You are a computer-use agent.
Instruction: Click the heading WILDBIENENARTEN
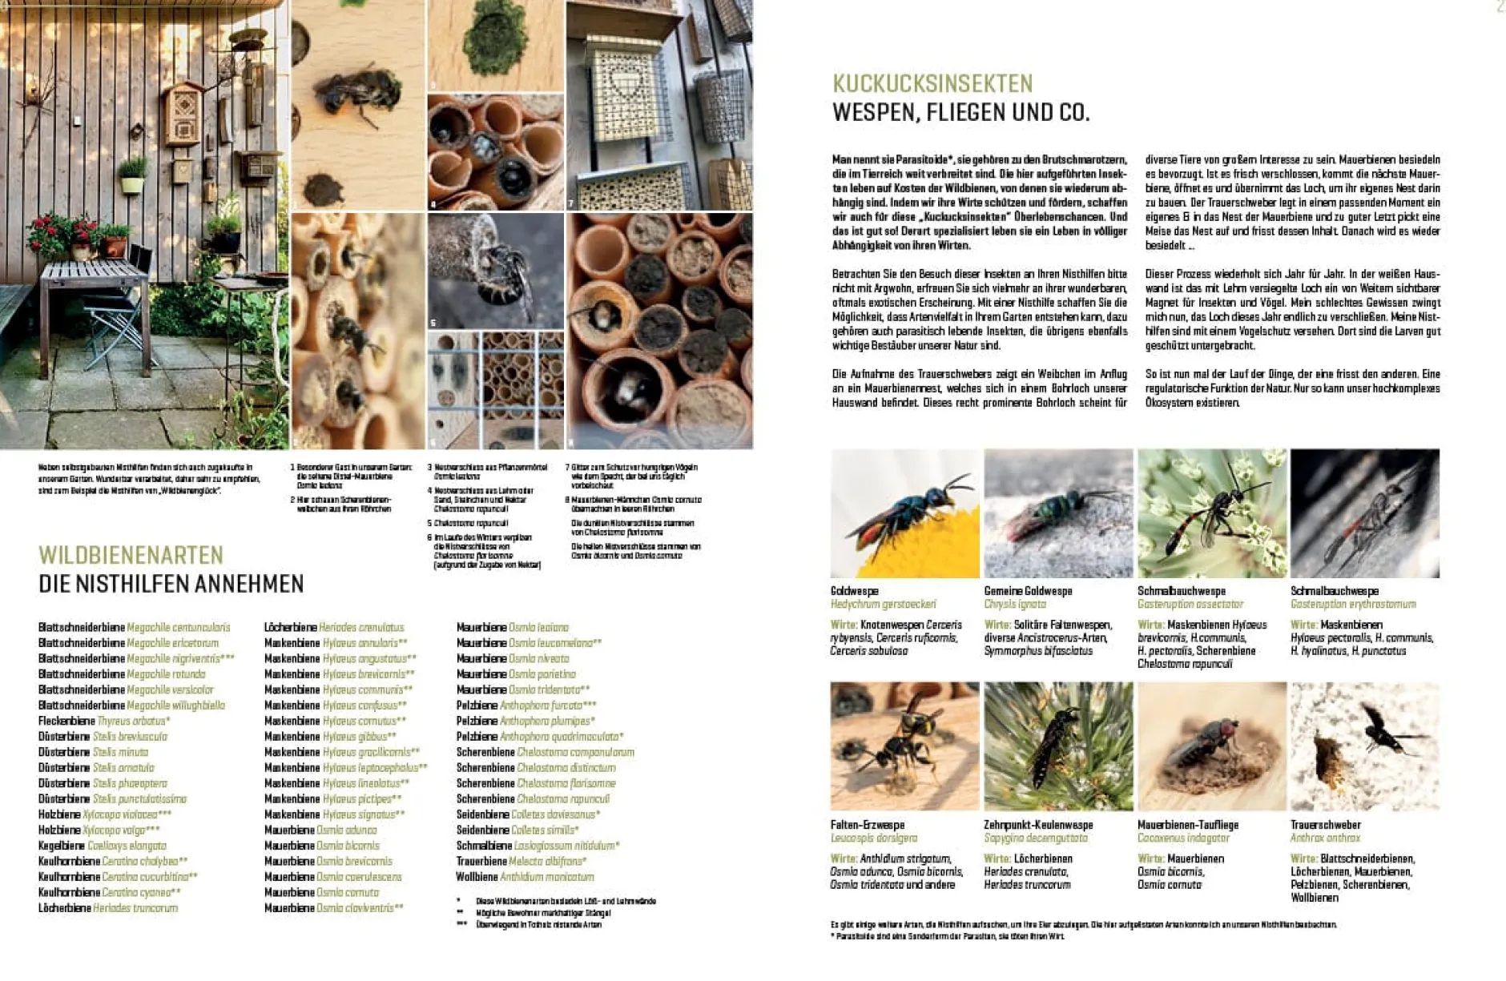click(x=131, y=555)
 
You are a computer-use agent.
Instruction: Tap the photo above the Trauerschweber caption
click(x=1365, y=746)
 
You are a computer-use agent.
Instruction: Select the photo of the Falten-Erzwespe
click(x=904, y=746)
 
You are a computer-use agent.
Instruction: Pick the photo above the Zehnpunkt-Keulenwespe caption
click(x=1058, y=746)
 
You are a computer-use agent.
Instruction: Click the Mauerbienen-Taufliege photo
click(x=1212, y=746)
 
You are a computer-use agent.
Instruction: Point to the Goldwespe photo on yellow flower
click(x=905, y=513)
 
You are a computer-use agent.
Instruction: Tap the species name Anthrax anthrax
click(x=1325, y=838)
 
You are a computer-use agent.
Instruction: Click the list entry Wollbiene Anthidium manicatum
click(x=525, y=877)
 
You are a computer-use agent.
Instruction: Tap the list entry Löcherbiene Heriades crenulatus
click(x=334, y=628)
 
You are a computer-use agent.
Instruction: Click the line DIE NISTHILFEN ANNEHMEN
click(x=171, y=584)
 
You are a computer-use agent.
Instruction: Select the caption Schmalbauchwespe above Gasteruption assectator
click(x=1182, y=591)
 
